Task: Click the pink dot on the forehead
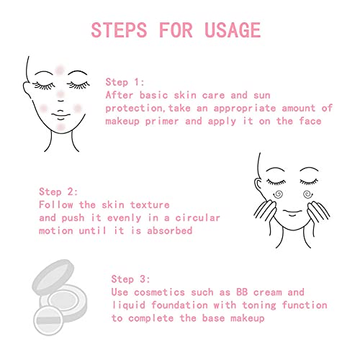pyautogui.click(x=59, y=70)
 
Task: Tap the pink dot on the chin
pyautogui.click(x=60, y=127)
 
